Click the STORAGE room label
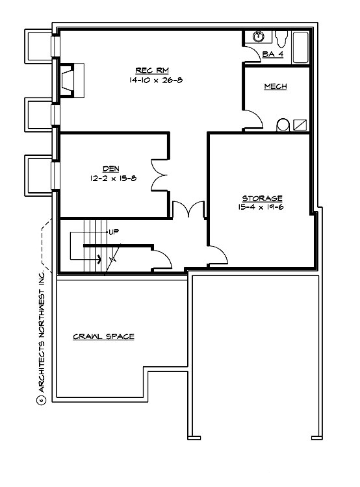coord(262,198)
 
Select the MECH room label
coord(276,86)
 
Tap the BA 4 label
coord(272,54)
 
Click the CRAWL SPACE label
coord(103,336)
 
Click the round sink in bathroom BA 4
coord(258,36)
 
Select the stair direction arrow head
coord(99,258)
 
